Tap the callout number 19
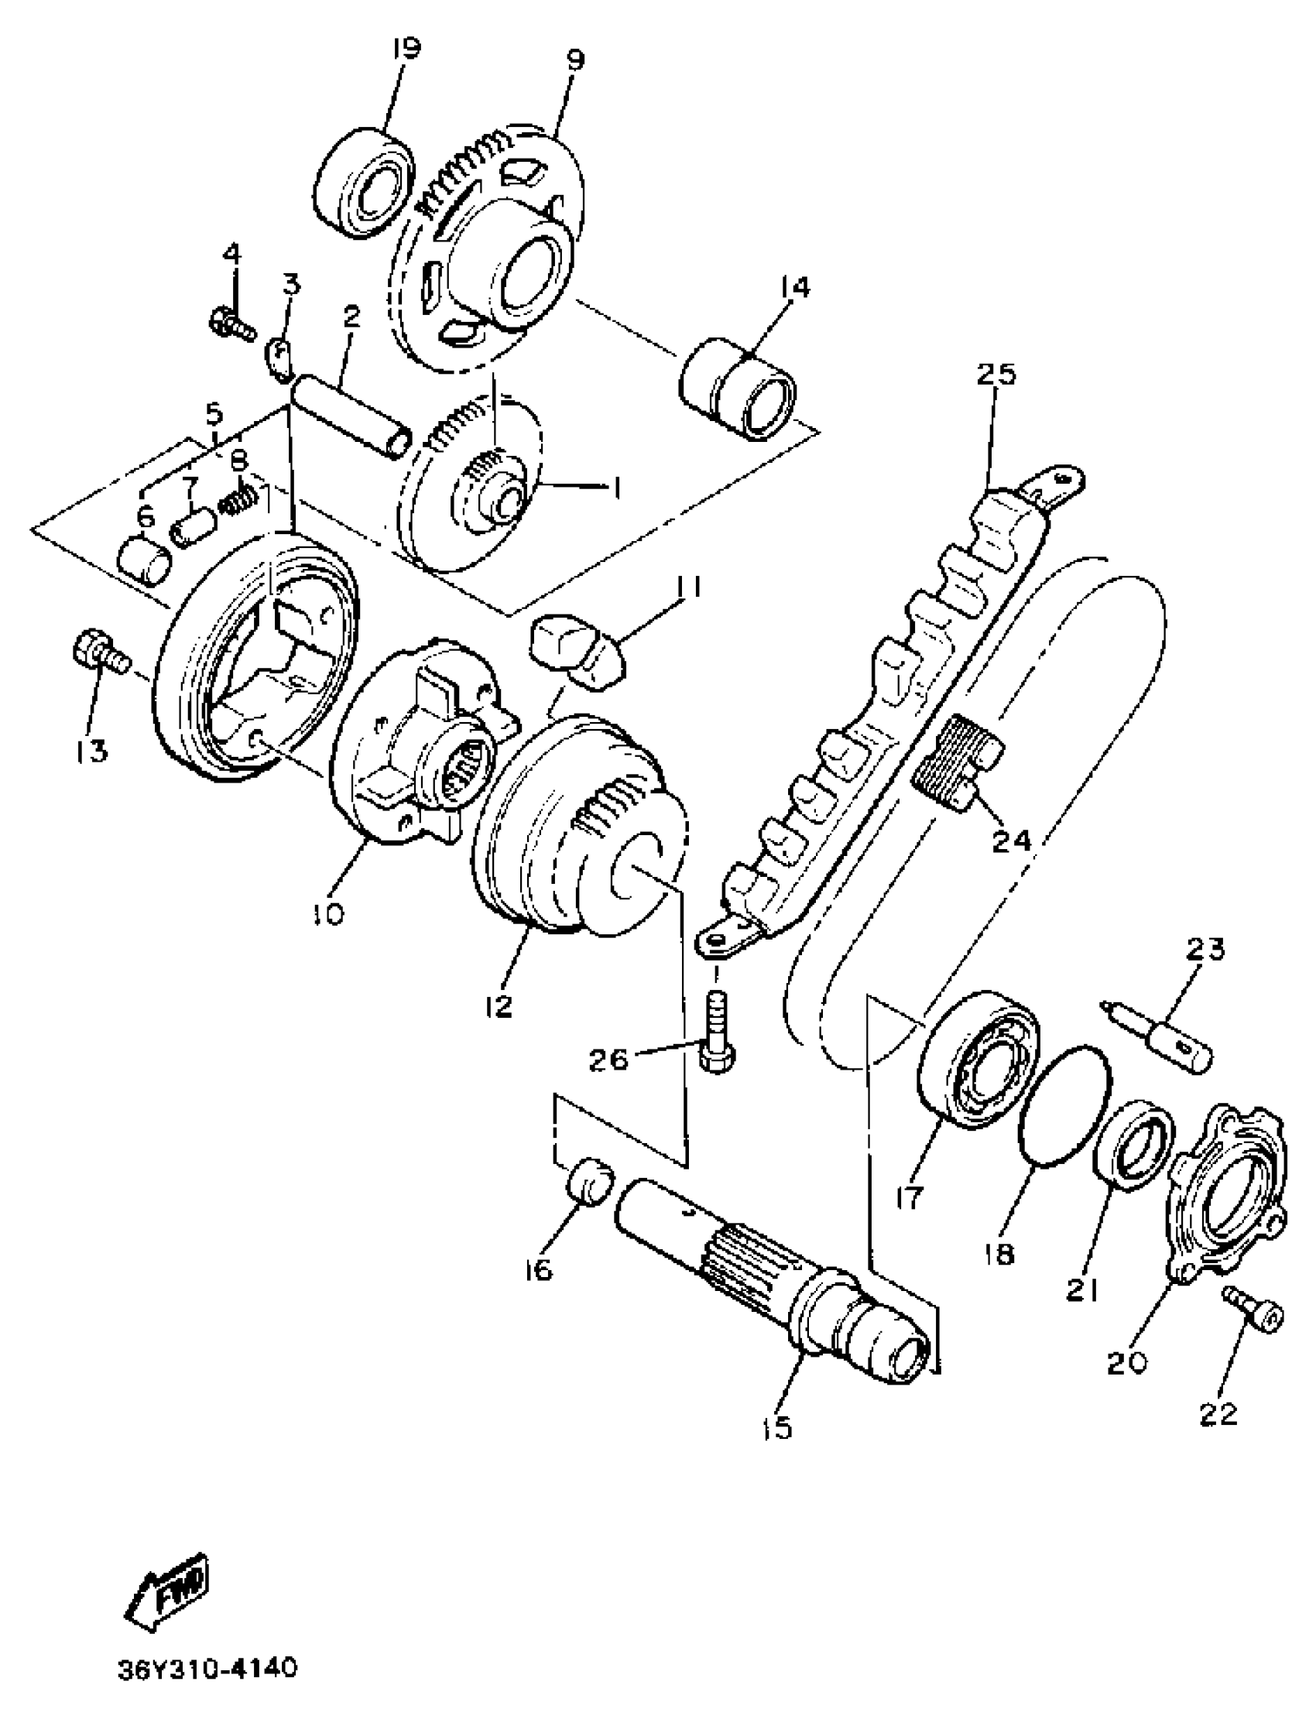(x=406, y=50)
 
